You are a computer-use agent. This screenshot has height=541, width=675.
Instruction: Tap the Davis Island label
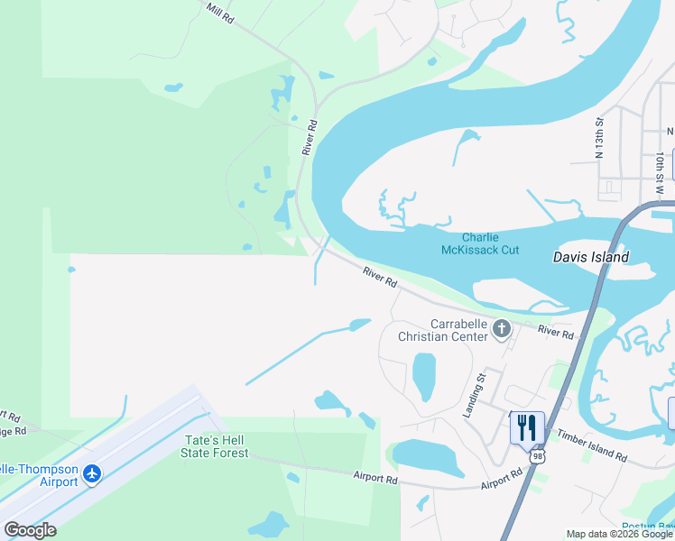point(590,257)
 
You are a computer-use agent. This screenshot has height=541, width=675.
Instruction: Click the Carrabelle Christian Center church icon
point(501,331)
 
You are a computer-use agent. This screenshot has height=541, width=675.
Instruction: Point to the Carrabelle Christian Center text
point(443,330)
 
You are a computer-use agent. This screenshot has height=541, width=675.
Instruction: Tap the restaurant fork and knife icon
point(527,426)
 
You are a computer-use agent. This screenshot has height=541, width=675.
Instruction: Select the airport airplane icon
point(91,473)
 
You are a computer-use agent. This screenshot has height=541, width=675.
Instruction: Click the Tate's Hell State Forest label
point(217,446)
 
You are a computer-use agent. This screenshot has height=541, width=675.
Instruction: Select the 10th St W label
point(661,168)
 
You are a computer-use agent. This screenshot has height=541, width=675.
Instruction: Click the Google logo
point(31,530)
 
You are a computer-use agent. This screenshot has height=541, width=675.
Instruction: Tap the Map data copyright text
point(619,534)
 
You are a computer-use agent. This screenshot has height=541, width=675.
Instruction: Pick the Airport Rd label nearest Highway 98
point(502,479)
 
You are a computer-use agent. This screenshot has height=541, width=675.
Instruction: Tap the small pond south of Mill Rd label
point(173,88)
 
